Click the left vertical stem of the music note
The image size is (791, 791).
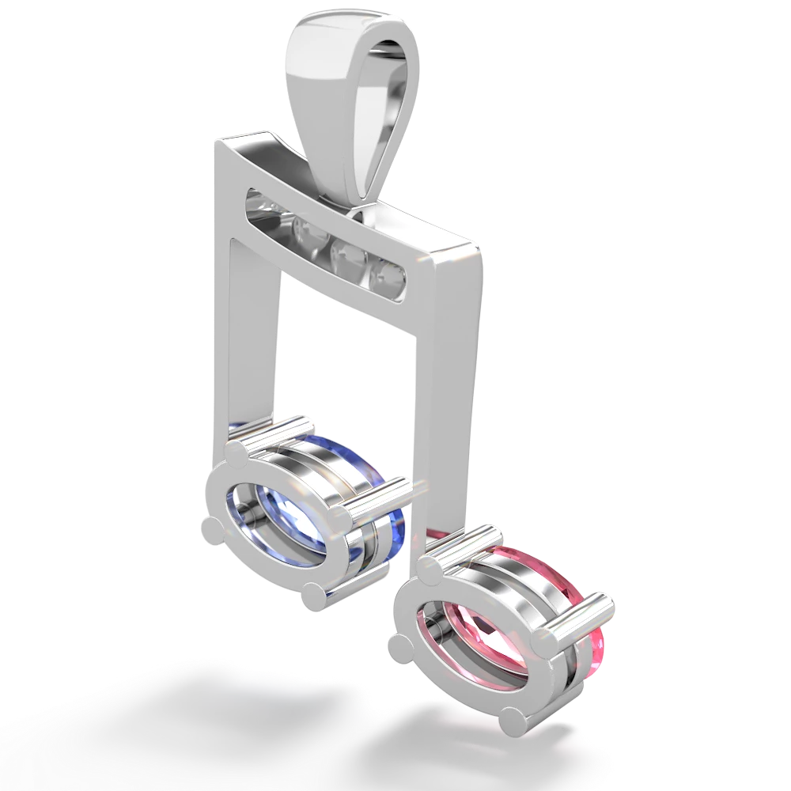[x=245, y=332]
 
